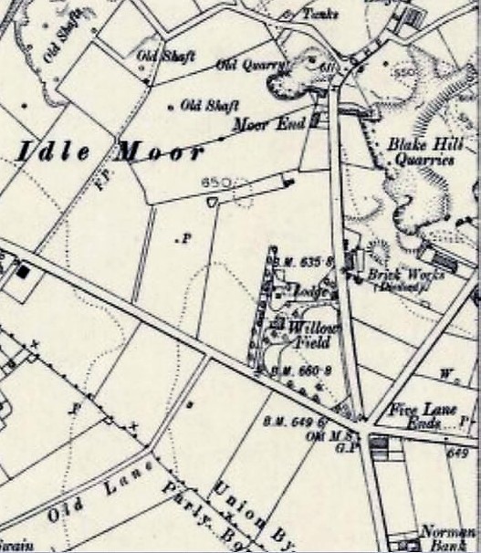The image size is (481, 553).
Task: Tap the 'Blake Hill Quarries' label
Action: click(x=420, y=151)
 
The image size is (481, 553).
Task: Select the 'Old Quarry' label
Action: click(x=252, y=65)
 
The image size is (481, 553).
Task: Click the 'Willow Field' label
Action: click(x=310, y=335)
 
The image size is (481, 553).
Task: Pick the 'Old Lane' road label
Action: click(x=91, y=503)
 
